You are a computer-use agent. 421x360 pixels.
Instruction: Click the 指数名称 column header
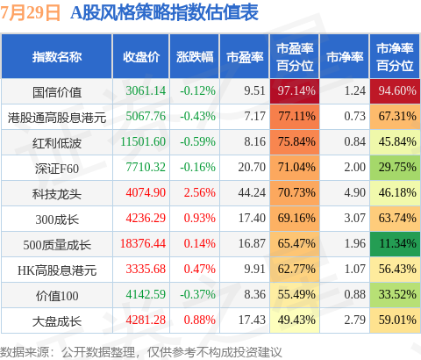point(57,57)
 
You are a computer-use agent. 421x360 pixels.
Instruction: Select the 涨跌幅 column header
point(195,57)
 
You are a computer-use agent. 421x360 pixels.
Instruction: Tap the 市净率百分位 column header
point(395,57)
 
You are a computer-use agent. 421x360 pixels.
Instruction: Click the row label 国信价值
point(57,92)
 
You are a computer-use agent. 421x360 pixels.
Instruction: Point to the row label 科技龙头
point(57,194)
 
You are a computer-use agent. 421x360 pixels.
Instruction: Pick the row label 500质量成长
point(57,245)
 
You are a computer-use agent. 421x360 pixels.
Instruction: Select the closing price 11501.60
point(143,142)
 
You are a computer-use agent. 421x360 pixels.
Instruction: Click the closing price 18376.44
point(143,243)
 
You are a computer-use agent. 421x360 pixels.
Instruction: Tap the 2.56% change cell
point(200,192)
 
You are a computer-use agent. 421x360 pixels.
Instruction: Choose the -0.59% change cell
point(197,142)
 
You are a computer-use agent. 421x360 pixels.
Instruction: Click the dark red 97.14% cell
point(295,91)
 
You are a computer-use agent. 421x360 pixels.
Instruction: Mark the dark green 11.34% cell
point(395,243)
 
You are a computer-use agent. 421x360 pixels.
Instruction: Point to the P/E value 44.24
point(252,192)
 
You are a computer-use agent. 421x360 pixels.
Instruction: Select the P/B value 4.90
point(354,192)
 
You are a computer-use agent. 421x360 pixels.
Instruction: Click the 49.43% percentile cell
point(295,320)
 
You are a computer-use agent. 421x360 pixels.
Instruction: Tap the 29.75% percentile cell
point(395,168)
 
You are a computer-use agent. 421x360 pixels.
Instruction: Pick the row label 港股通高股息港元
point(57,118)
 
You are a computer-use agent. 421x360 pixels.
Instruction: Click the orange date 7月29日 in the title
point(30,13)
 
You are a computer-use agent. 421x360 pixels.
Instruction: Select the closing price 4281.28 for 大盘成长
point(146,320)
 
